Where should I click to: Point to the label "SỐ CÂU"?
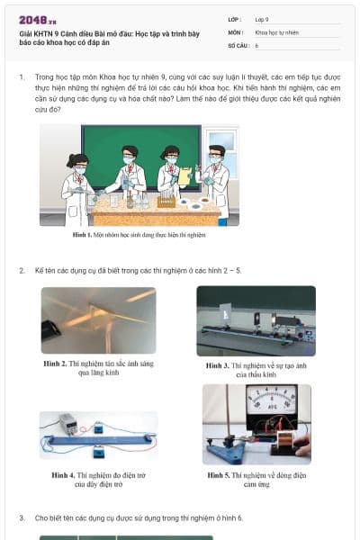click(x=237, y=44)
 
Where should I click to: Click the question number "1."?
click(x=22, y=77)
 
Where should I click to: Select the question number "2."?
click(x=22, y=270)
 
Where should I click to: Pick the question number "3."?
click(x=22, y=518)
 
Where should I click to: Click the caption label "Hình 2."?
click(x=56, y=364)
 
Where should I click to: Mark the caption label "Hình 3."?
click(x=218, y=366)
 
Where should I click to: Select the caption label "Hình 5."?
click(x=219, y=475)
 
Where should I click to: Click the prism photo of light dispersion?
click(x=98, y=320)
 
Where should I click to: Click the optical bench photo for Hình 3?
click(x=256, y=321)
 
